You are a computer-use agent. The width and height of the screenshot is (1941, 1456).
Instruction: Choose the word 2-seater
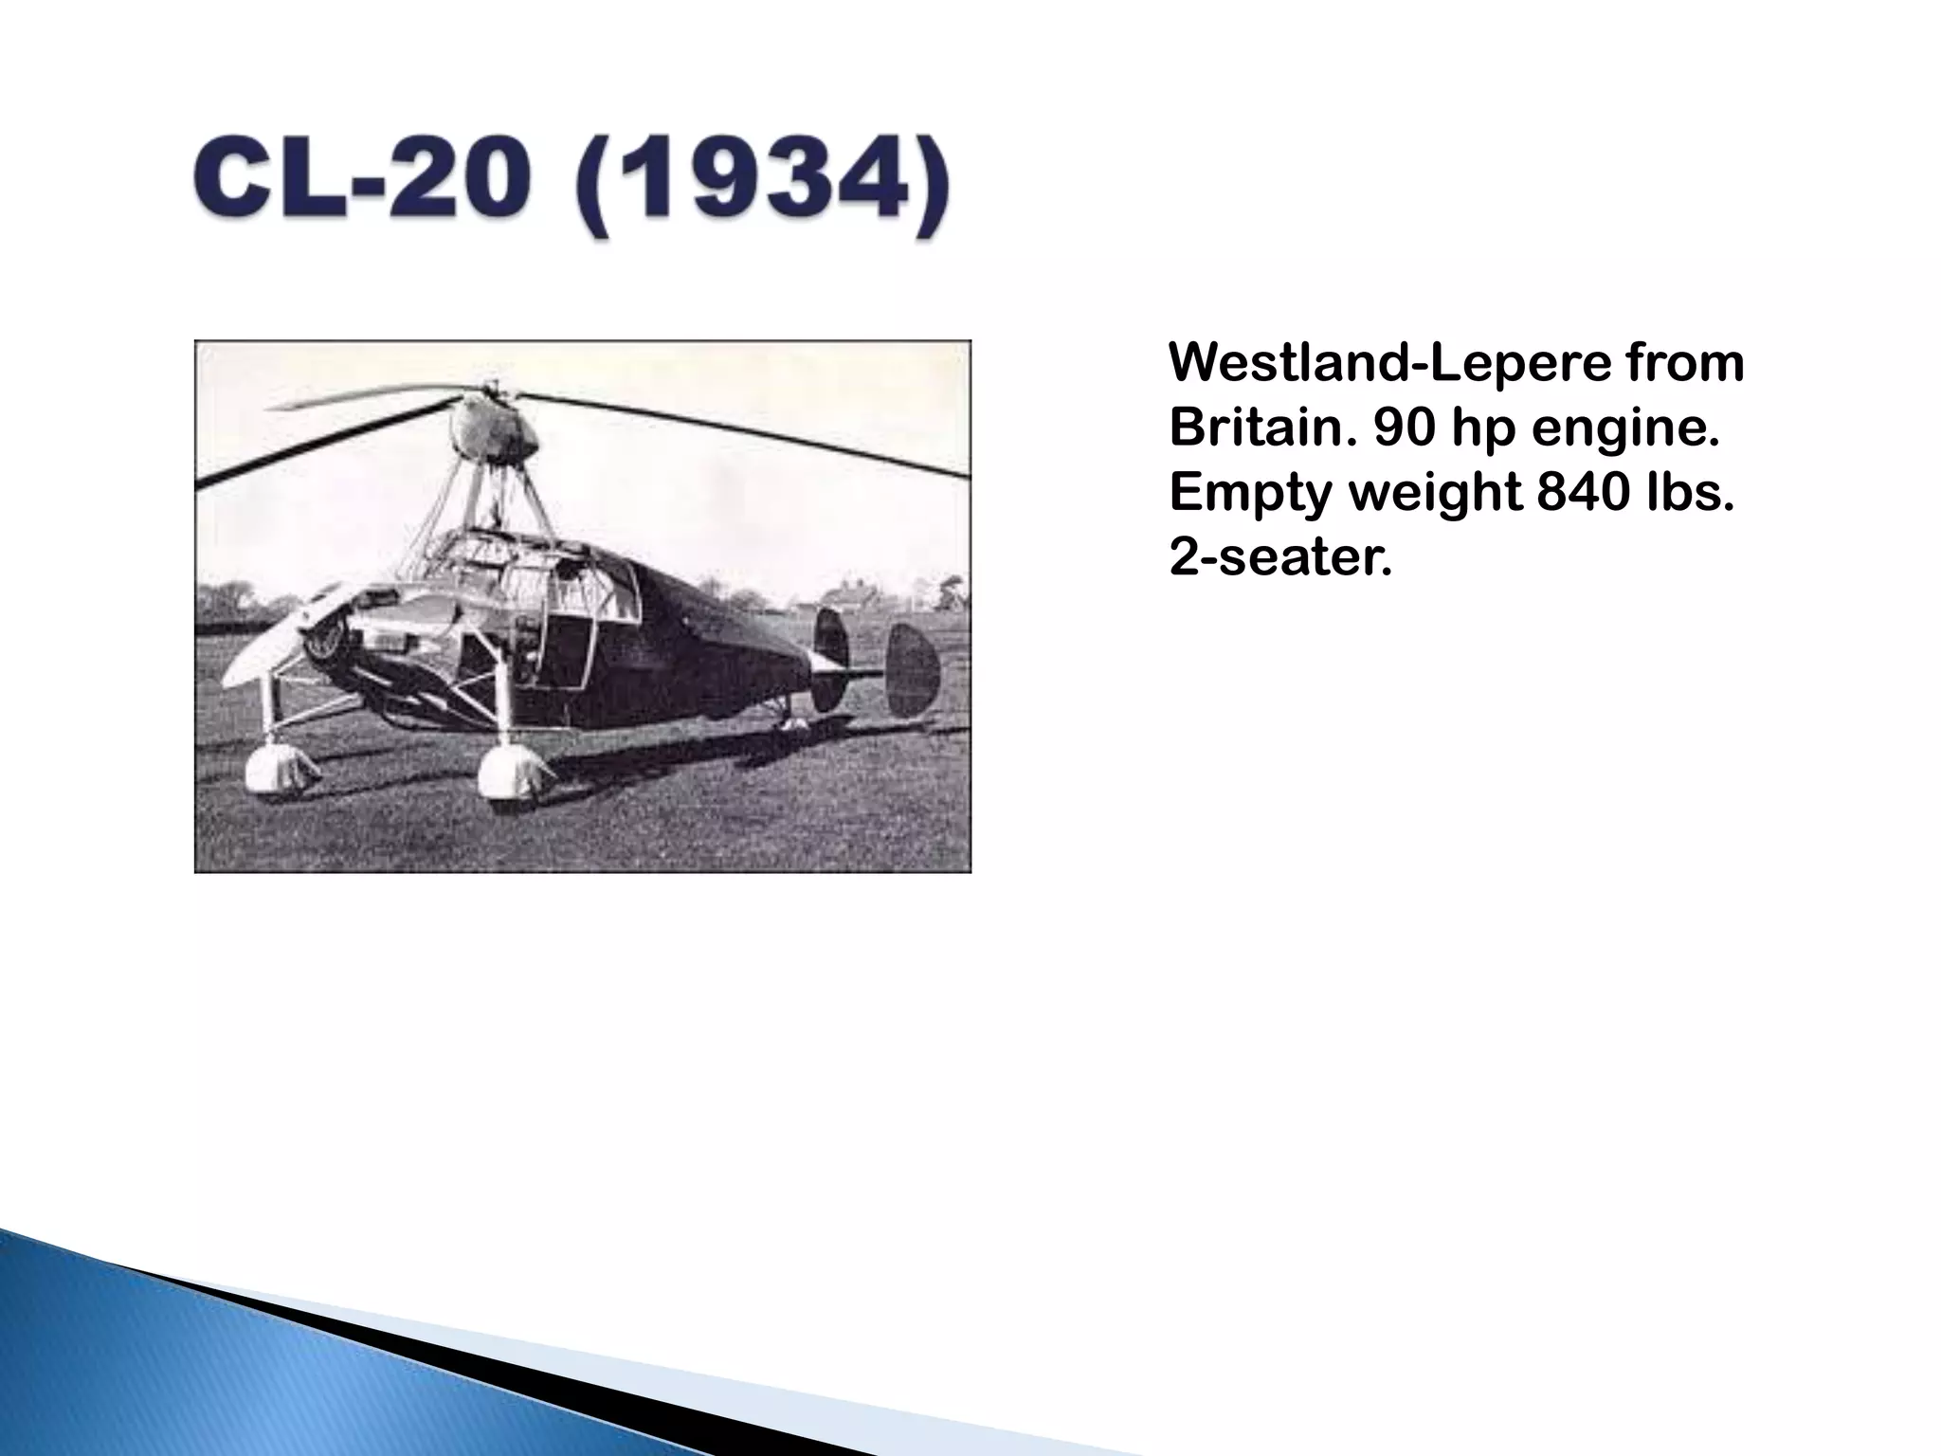click(x=1279, y=558)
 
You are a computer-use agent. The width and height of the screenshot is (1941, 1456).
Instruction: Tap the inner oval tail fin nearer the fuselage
click(x=830, y=659)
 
